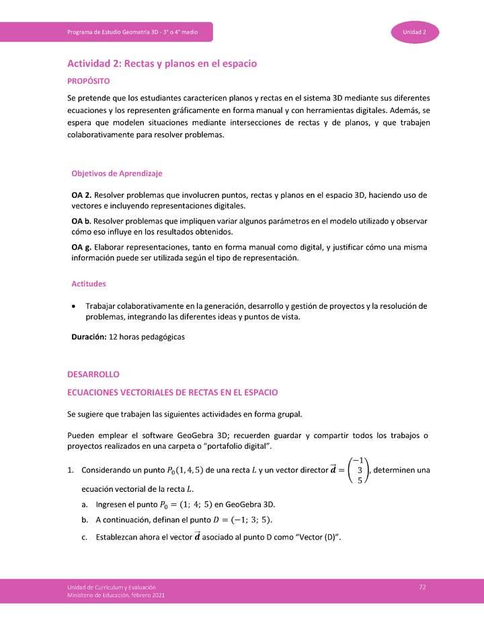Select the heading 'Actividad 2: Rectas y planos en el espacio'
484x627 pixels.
(162, 63)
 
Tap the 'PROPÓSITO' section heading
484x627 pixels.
(88, 81)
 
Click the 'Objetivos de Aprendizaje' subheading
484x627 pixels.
(117, 174)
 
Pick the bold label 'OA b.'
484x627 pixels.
(82, 221)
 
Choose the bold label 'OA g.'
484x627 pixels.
(82, 248)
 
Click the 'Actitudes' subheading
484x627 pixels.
(88, 284)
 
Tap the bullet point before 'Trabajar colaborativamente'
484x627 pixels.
(73, 307)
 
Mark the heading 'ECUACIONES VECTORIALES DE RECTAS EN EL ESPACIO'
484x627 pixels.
(173, 392)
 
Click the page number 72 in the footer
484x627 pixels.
(422, 587)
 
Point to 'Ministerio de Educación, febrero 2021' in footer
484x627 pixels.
(116, 595)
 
